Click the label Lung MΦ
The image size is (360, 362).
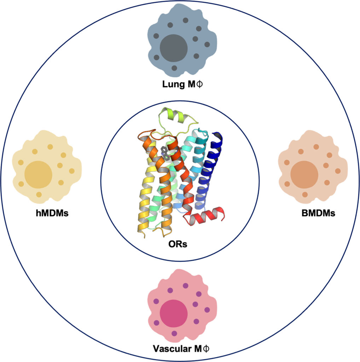[x=182, y=84]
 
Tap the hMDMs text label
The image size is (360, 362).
[x=52, y=213]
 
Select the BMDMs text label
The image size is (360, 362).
[x=318, y=213]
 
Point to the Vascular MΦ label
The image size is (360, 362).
[x=181, y=349]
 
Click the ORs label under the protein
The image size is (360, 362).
[x=178, y=244]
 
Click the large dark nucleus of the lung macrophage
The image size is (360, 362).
[x=174, y=48]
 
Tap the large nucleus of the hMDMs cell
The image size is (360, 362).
[x=38, y=175]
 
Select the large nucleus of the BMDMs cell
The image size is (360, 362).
[x=304, y=175]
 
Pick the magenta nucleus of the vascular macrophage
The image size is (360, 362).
[x=174, y=314]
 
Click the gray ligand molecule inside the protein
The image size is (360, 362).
[x=165, y=153]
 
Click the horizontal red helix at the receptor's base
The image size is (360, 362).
[x=204, y=216]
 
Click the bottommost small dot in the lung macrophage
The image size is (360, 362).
[x=174, y=68]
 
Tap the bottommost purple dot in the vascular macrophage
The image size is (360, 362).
[x=174, y=333]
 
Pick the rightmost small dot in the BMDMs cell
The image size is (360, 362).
[x=338, y=171]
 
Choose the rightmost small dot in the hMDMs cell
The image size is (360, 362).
[x=71, y=171]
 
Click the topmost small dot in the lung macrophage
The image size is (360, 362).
[x=185, y=20]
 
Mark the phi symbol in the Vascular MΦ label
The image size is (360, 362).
[x=207, y=349]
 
